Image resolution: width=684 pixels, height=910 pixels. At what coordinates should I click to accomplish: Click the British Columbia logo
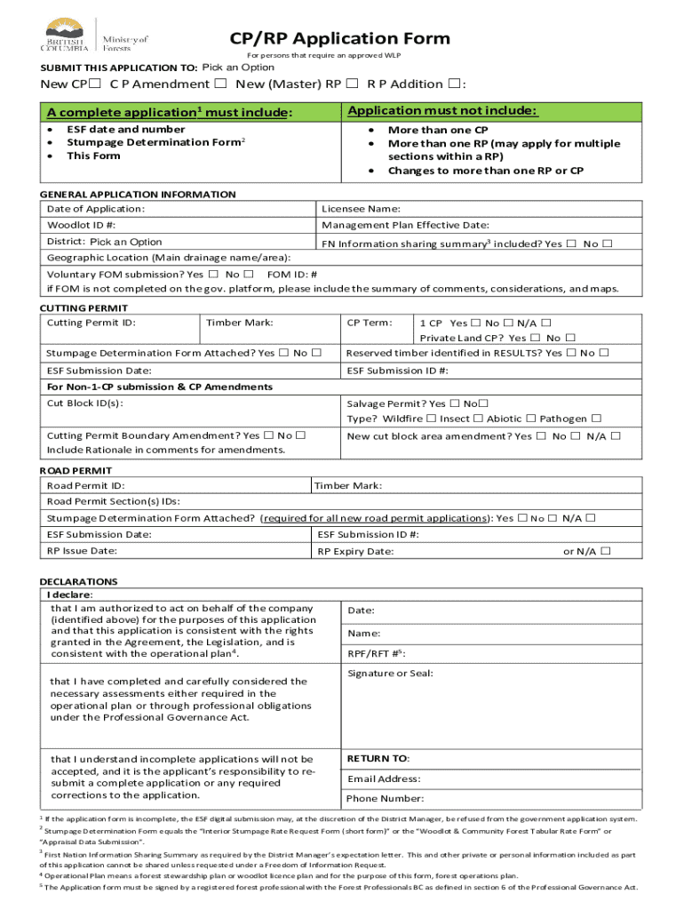pyautogui.click(x=67, y=36)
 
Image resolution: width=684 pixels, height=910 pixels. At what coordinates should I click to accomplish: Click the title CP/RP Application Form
pyautogui.click(x=340, y=38)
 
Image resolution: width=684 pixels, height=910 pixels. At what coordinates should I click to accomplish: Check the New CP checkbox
pyautogui.click(x=93, y=84)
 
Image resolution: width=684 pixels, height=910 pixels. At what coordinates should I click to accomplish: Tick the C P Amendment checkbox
pyautogui.click(x=219, y=84)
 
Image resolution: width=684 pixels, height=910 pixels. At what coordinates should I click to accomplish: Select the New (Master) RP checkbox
pyautogui.click(x=352, y=84)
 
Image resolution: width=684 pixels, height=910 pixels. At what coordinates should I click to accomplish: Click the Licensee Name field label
pyautogui.click(x=361, y=209)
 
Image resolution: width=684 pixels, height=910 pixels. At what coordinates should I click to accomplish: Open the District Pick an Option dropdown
pyautogui.click(x=126, y=242)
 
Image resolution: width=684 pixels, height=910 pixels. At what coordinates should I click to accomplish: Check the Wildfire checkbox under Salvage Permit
pyautogui.click(x=431, y=419)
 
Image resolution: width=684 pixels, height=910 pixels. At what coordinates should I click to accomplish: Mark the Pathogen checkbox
pyautogui.click(x=596, y=419)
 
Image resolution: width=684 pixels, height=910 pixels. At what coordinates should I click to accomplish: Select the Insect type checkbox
pyautogui.click(x=477, y=419)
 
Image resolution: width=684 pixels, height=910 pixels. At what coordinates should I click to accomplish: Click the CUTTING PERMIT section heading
pyautogui.click(x=78, y=308)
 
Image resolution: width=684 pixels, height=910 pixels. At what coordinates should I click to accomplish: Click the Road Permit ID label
pyautogui.click(x=85, y=486)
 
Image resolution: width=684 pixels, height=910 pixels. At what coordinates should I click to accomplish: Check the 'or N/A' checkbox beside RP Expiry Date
pyautogui.click(x=605, y=551)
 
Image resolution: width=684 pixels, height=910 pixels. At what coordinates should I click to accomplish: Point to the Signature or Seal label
pyautogui.click(x=390, y=674)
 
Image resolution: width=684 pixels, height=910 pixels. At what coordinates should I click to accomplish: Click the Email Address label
pyautogui.click(x=384, y=779)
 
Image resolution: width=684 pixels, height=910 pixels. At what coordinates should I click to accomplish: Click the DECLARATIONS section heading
pyautogui.click(x=78, y=582)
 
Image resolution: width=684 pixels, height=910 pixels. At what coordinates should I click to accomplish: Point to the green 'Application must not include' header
pyautogui.click(x=441, y=111)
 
